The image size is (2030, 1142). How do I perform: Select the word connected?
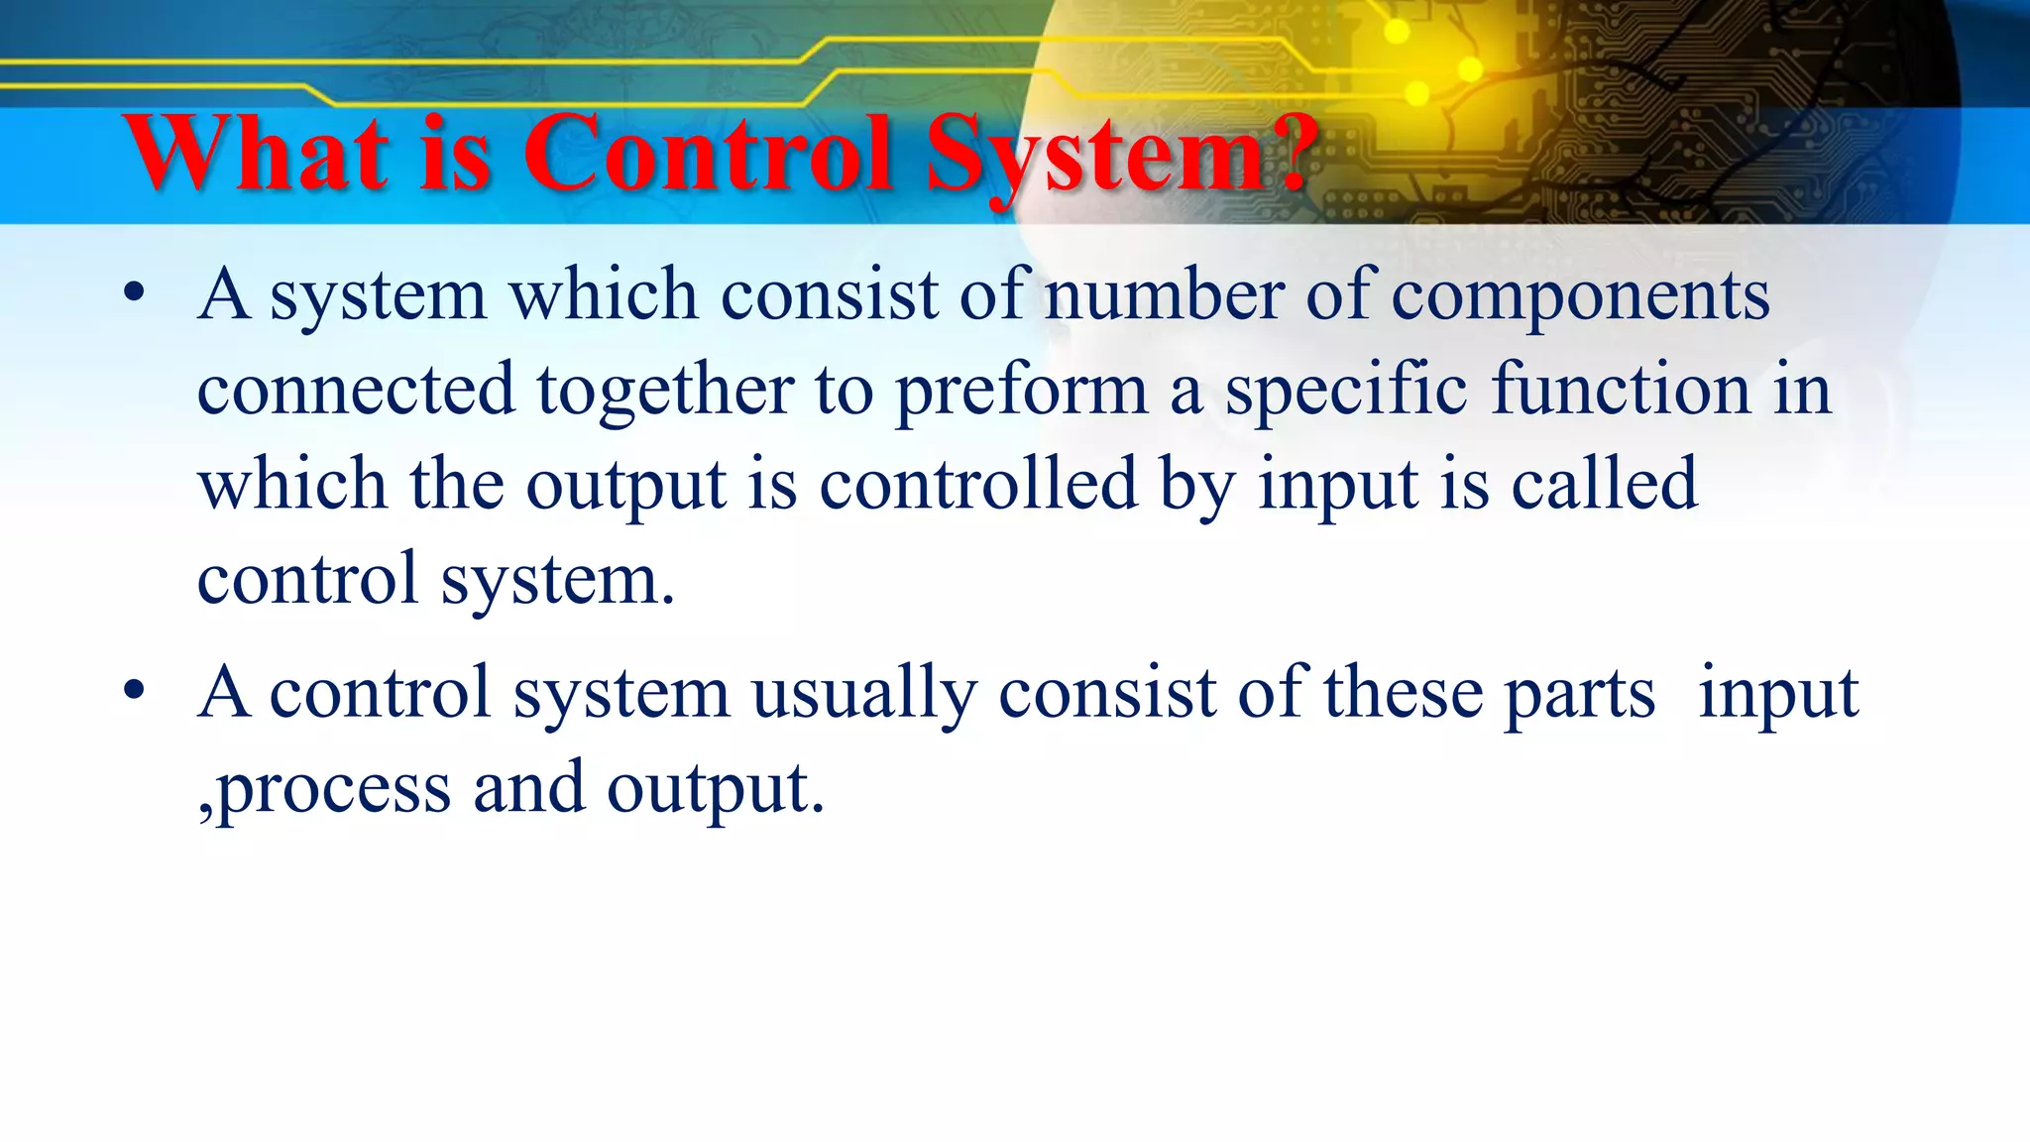356,390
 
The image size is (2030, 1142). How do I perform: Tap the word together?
665,390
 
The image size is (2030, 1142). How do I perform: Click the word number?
1164,295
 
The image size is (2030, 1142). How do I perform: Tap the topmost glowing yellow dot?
1397,32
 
